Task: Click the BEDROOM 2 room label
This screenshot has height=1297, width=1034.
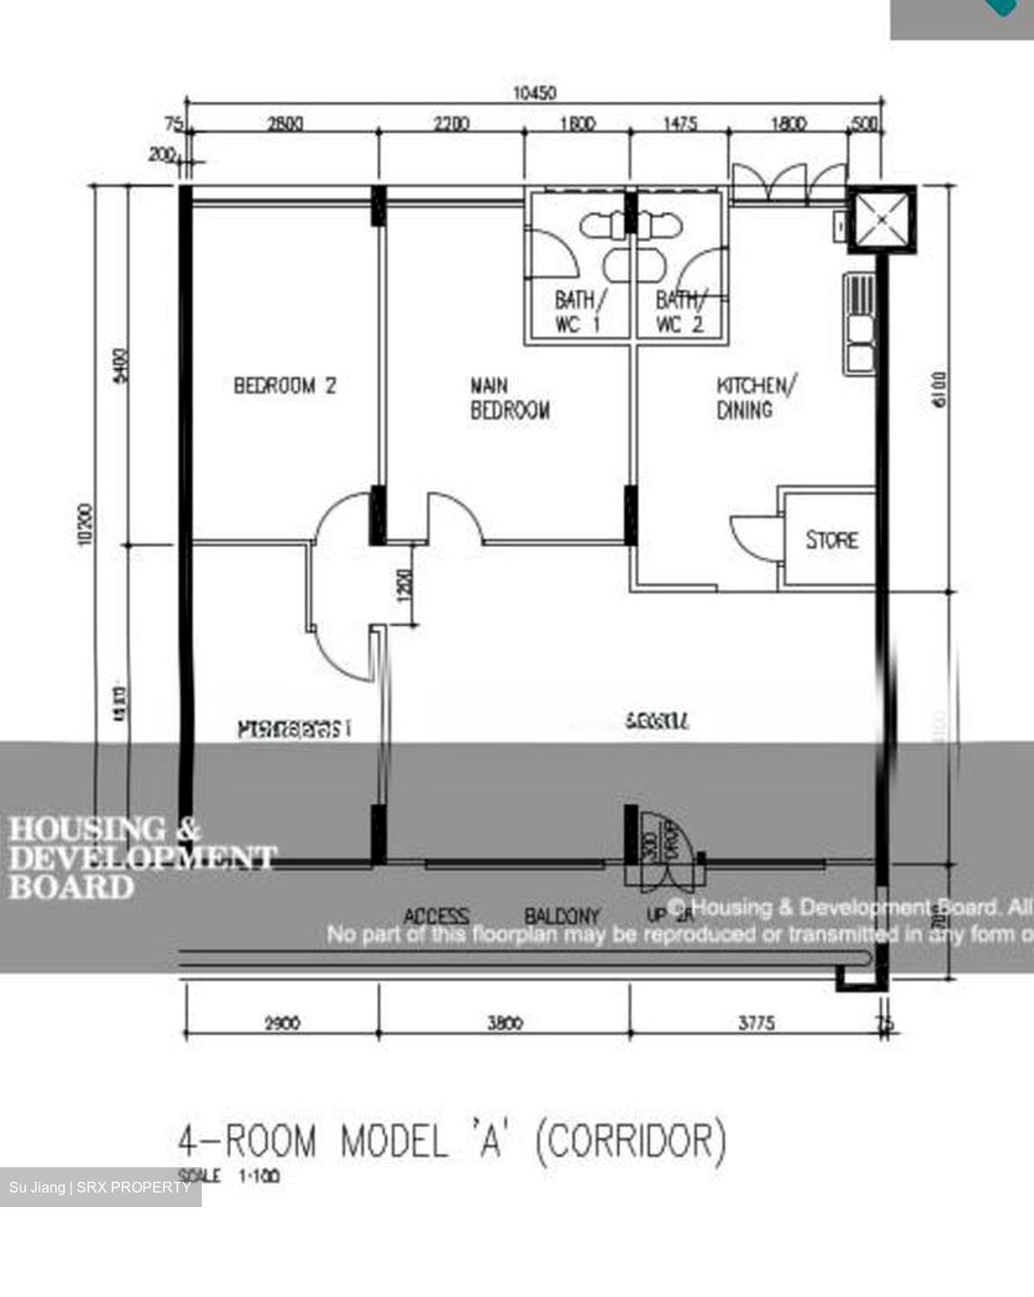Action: [285, 385]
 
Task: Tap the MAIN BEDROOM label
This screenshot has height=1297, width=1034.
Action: [510, 398]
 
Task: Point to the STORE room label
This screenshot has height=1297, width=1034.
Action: [831, 540]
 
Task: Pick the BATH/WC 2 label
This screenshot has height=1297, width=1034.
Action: [680, 312]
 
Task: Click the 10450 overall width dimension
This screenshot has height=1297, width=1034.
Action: [534, 93]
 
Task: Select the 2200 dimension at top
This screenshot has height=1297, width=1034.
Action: [449, 124]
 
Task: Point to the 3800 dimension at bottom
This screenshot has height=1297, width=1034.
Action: [504, 1023]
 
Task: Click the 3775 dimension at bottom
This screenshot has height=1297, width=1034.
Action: [757, 1023]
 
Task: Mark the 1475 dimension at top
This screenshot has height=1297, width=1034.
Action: [680, 124]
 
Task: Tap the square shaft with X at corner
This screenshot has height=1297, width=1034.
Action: [881, 219]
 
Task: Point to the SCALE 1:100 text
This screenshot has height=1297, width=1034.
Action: [230, 1175]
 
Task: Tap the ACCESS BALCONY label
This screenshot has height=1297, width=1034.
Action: [501, 917]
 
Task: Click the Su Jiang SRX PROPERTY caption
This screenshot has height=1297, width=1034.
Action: [100, 1187]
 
